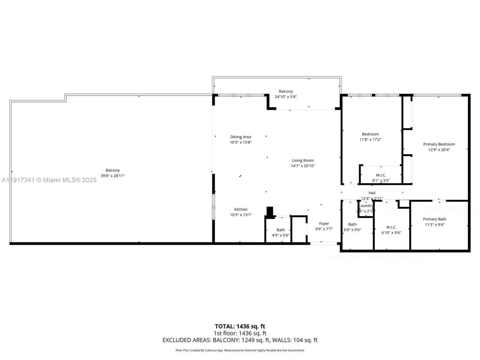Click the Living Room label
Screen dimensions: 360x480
[x=303, y=160]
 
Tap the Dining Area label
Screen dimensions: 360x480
[x=240, y=137]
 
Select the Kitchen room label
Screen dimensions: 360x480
[x=241, y=209]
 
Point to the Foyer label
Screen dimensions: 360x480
[x=324, y=223]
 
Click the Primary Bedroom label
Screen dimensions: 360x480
[x=439, y=144]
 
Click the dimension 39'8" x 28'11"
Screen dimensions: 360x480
[x=112, y=175]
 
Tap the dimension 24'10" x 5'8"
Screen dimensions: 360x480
[x=286, y=97]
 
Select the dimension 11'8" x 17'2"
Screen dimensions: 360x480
[x=370, y=139]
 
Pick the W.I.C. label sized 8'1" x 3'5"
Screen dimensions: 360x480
[x=381, y=175]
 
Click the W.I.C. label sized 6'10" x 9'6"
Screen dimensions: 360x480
[x=391, y=227]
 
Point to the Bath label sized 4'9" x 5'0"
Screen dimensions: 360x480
[x=280, y=230]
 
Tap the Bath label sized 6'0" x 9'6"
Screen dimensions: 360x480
[x=352, y=224]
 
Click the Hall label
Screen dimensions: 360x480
[x=372, y=193]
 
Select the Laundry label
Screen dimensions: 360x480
[x=366, y=205]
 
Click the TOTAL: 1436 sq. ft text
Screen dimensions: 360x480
[x=240, y=326]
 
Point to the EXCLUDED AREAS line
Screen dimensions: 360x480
[x=240, y=340]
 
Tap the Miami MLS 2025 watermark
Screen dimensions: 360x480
[x=49, y=180]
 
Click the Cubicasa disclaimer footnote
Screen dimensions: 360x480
[x=240, y=350]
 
